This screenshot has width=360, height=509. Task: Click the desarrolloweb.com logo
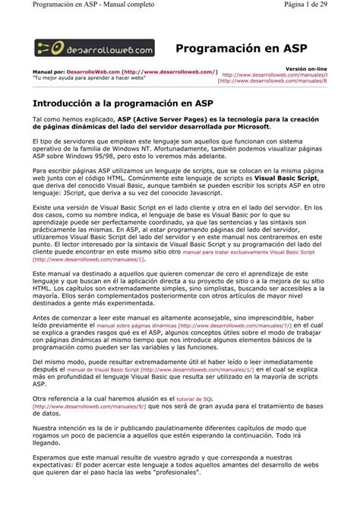click(94, 48)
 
